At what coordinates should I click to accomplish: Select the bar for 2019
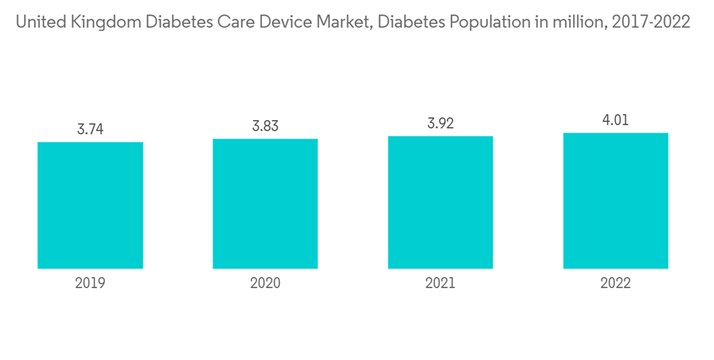[x=90, y=205]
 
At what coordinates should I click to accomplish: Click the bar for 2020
[x=265, y=204]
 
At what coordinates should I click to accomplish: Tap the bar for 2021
[x=441, y=202]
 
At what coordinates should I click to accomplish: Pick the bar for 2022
[x=615, y=201]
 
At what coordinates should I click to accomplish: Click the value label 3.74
[x=90, y=129]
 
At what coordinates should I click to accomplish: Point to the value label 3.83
[x=265, y=126]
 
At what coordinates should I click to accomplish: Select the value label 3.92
[x=441, y=124]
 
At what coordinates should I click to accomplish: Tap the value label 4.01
[x=615, y=120]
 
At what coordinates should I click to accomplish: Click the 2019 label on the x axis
[x=90, y=284]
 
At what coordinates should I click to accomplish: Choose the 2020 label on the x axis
[x=265, y=284]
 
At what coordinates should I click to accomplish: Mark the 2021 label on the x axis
[x=441, y=284]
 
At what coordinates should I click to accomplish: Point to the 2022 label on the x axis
[x=615, y=284]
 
